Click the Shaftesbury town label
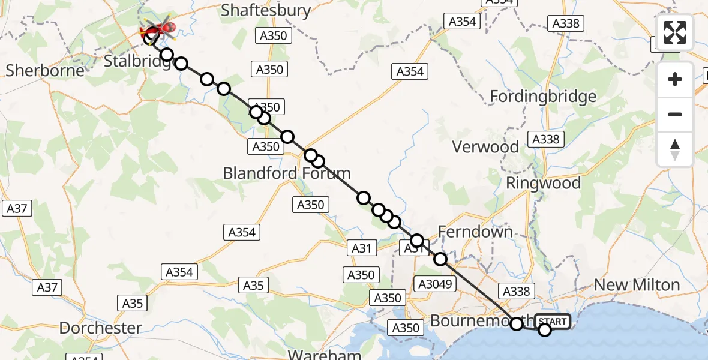click(266, 10)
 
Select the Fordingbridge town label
click(543, 97)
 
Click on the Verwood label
click(485, 146)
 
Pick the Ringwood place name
click(543, 183)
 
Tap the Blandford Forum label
click(286, 173)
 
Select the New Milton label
click(637, 285)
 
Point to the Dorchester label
click(101, 328)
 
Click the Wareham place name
click(325, 354)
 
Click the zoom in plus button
click(675, 79)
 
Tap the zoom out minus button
click(675, 114)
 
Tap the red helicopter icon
click(158, 28)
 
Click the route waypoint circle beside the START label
click(544, 329)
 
